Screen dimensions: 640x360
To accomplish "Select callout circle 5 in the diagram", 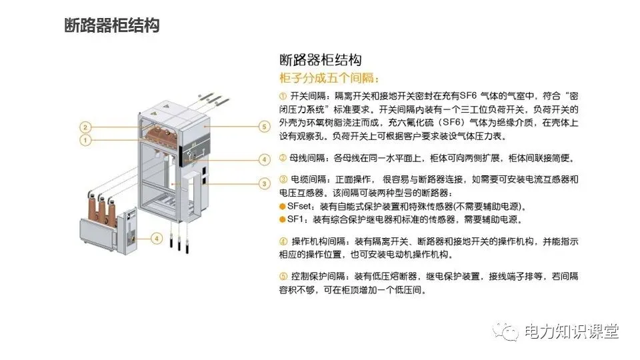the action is (x=264, y=126).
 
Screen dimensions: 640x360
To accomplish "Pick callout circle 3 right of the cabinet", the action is (x=264, y=183).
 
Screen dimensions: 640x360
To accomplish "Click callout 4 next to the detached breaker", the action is (x=156, y=237).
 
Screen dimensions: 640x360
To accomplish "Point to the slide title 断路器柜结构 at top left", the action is (x=111, y=26).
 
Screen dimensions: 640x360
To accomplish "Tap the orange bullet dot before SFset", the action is (x=282, y=206).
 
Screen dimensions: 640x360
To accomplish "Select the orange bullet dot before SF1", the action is (x=282, y=219).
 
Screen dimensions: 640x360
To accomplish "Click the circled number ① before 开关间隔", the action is (x=283, y=97).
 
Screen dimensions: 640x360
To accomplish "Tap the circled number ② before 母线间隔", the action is (x=283, y=159).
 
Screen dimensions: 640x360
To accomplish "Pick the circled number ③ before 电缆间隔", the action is (x=283, y=180).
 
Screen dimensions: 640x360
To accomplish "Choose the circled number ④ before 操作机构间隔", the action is (x=283, y=241).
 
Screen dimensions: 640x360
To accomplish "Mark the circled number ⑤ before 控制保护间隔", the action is (x=283, y=277).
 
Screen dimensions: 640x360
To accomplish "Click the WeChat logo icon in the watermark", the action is (x=509, y=331).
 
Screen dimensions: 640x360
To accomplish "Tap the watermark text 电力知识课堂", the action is (x=571, y=331).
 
